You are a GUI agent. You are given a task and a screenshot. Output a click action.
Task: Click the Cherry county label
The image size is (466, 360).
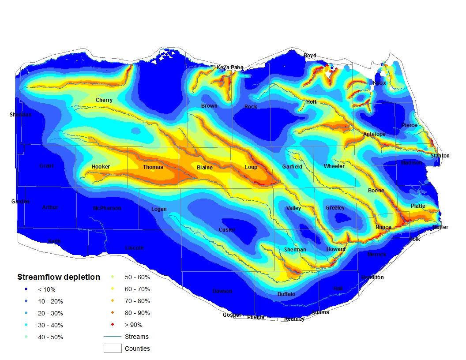point(104,100)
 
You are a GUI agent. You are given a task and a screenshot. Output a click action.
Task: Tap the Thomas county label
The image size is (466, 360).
point(153,167)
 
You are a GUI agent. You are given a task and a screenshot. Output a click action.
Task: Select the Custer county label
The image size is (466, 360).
point(227,230)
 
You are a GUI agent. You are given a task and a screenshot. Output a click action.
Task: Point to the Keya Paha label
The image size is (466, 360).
point(230,67)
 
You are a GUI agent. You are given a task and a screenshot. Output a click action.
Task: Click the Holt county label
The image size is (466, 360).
point(311,102)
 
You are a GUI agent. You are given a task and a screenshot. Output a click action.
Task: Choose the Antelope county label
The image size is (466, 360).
point(374,134)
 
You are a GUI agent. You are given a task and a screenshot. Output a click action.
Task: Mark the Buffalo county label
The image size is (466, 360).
point(286,294)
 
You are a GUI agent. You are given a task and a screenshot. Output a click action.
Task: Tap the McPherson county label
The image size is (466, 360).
point(107,208)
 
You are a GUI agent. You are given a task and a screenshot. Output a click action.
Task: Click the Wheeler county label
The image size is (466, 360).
point(334,166)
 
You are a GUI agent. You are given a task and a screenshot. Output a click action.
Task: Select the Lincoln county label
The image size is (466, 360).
point(134,248)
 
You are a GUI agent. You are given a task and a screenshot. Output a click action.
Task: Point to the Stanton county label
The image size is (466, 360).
point(440,156)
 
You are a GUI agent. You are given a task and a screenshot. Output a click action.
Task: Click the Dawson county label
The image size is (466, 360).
point(222,291)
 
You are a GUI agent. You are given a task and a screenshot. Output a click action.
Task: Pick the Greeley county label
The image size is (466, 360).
point(335,208)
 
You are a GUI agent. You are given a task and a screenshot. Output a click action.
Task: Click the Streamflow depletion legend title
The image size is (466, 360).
point(59,277)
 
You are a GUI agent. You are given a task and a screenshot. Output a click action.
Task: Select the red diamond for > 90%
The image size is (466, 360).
point(113,325)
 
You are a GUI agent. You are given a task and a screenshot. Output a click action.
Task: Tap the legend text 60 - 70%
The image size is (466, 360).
point(137,289)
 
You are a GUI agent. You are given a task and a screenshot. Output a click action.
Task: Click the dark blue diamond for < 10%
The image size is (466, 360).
point(26,290)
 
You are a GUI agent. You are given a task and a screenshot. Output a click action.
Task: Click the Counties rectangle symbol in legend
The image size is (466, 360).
point(112,349)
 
